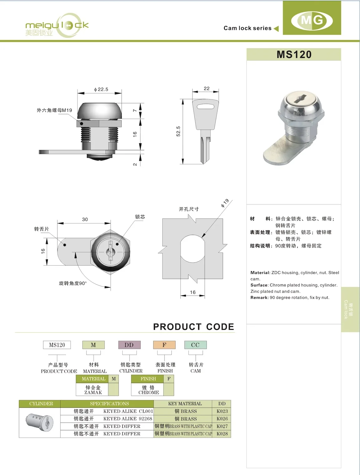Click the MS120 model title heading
click(x=294, y=55)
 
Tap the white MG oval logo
click(x=312, y=21)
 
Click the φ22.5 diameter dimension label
click(x=101, y=89)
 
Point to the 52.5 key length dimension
click(x=178, y=131)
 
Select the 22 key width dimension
click(x=207, y=89)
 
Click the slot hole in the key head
click(x=206, y=107)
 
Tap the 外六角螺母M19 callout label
click(x=54, y=110)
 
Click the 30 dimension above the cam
click(x=85, y=219)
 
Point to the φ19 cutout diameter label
click(x=225, y=203)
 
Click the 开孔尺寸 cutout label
click(x=189, y=209)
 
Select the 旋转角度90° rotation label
click(x=73, y=283)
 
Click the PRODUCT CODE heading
click(x=193, y=327)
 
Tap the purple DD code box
click(x=129, y=345)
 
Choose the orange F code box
click(x=164, y=345)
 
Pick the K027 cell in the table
click(x=222, y=426)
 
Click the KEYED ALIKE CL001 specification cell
click(x=128, y=411)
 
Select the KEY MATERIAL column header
click(x=185, y=404)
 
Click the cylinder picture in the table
click(x=40, y=422)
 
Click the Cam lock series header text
click(x=247, y=28)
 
